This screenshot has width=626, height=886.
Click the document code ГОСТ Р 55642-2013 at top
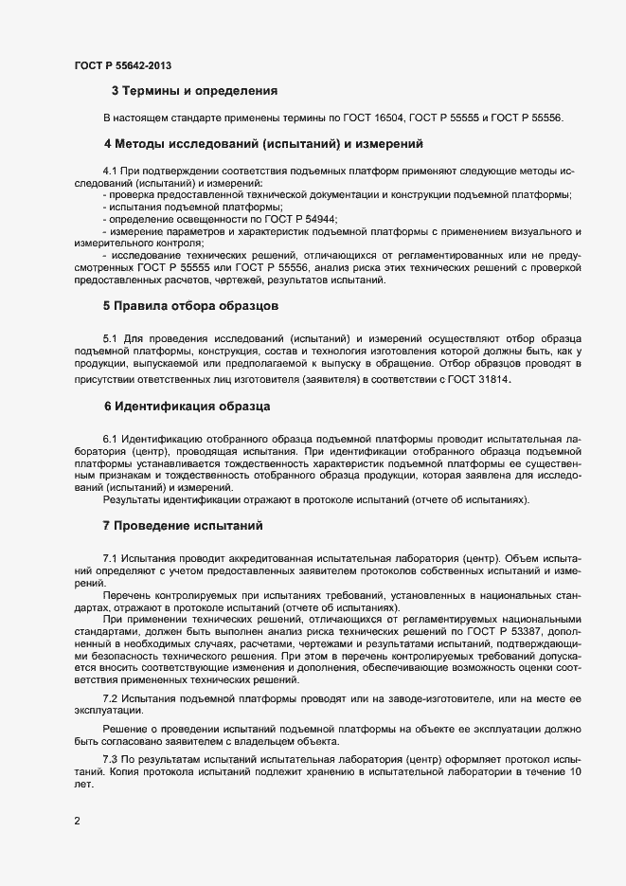point(123,65)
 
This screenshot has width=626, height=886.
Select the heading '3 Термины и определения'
point(194,92)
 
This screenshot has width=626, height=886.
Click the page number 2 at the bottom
point(78,821)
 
